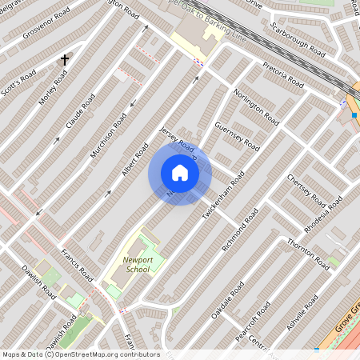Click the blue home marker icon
180,173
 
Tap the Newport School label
137,266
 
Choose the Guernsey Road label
238,136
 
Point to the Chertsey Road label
306,189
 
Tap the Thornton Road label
309,253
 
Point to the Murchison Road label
109,133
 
